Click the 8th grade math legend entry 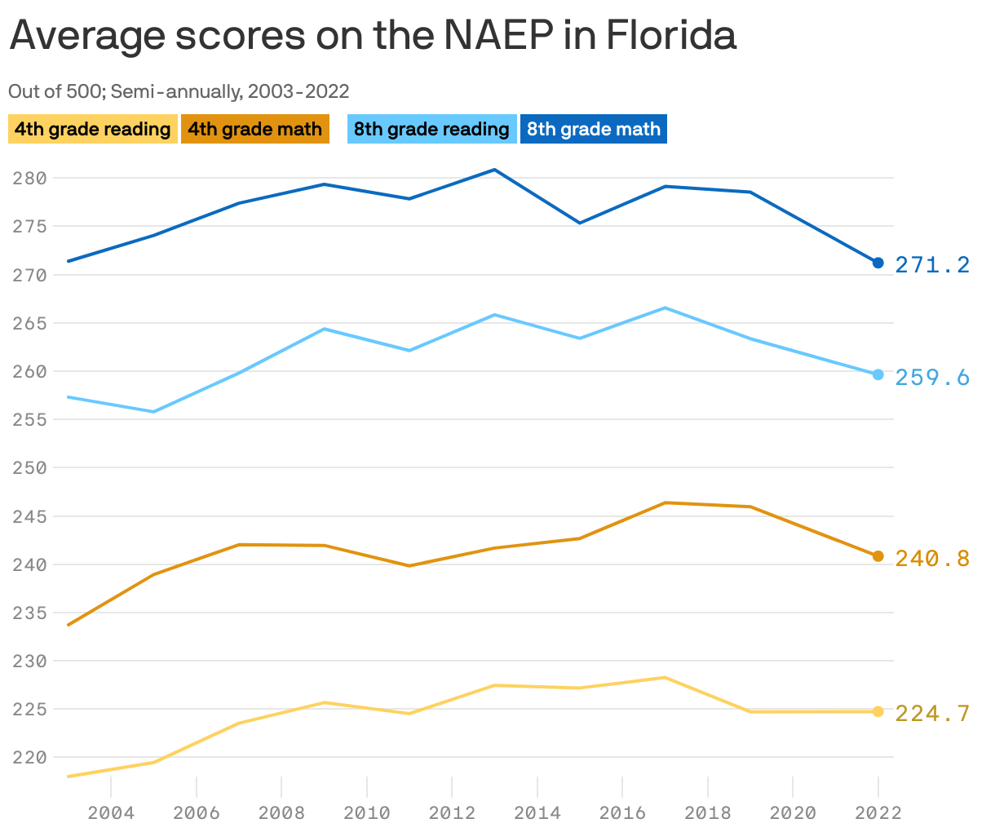point(593,129)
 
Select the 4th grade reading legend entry point(92,129)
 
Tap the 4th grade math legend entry point(254,129)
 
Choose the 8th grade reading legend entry point(431,129)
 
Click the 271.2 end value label point(932,264)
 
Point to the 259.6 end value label point(932,377)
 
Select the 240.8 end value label point(932,558)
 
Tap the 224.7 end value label point(932,714)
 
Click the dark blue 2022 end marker point(878,263)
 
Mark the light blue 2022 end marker point(878,374)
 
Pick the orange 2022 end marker point(878,556)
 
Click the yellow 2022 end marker point(878,711)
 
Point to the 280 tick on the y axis point(30,178)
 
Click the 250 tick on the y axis point(30,468)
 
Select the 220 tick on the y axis point(30,758)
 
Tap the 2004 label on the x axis point(111,812)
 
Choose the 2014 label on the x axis point(537,812)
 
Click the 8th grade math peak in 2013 point(495,170)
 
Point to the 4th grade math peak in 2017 point(666,502)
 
